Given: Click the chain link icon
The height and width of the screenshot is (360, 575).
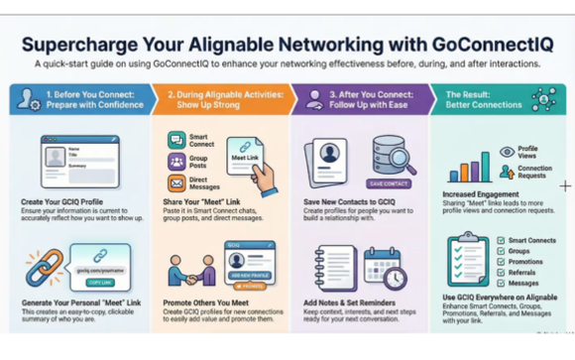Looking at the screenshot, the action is [x=45, y=262].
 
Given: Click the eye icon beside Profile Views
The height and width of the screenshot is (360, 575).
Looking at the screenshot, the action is [x=508, y=152].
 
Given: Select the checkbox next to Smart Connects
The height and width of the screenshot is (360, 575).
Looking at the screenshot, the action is [x=498, y=240].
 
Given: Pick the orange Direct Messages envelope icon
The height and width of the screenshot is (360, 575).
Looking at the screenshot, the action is [x=176, y=181].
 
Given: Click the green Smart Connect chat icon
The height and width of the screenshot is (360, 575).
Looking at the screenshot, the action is [x=176, y=140].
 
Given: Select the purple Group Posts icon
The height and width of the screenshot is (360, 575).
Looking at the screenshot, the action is [x=176, y=161].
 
